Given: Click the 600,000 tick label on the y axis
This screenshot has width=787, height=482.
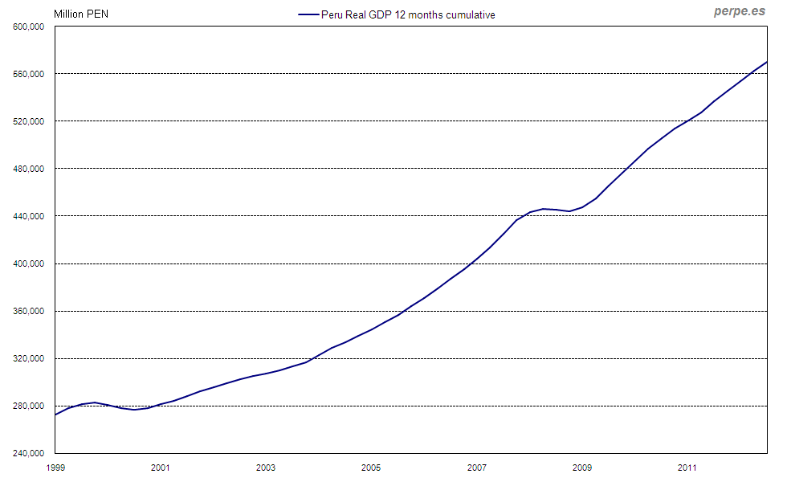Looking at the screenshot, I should (x=29, y=27).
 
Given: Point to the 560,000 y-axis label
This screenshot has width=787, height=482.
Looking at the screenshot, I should (x=29, y=74).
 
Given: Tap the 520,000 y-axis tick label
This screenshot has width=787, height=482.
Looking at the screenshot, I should (x=29, y=121).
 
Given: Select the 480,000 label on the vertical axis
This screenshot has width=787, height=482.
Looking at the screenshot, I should (x=29, y=169).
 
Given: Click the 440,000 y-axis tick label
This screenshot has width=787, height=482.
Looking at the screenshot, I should (x=29, y=216).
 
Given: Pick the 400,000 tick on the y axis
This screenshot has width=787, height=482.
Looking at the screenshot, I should (x=29, y=263).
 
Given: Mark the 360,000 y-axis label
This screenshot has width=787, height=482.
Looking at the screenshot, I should (x=29, y=311).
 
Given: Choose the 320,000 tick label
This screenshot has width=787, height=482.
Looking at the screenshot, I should (x=29, y=358).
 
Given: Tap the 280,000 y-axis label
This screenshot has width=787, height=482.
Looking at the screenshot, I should (x=29, y=406).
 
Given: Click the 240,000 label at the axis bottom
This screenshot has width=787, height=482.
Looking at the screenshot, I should (x=29, y=453).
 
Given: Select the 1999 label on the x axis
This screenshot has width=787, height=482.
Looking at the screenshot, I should (x=55, y=467).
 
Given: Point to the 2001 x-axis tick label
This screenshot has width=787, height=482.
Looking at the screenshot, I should (x=160, y=467).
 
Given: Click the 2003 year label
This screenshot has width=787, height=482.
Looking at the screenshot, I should (x=266, y=467).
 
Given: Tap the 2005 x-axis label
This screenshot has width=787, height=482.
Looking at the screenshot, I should (x=371, y=467).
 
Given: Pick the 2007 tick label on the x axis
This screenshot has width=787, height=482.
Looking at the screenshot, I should (x=477, y=467).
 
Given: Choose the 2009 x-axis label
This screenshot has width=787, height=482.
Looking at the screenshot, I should (x=582, y=467).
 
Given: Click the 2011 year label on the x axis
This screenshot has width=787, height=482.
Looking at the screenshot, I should (x=687, y=467).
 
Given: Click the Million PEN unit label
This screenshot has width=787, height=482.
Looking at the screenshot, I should (x=81, y=14).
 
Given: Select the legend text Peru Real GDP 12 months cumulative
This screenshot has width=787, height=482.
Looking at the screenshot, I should (x=408, y=14).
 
